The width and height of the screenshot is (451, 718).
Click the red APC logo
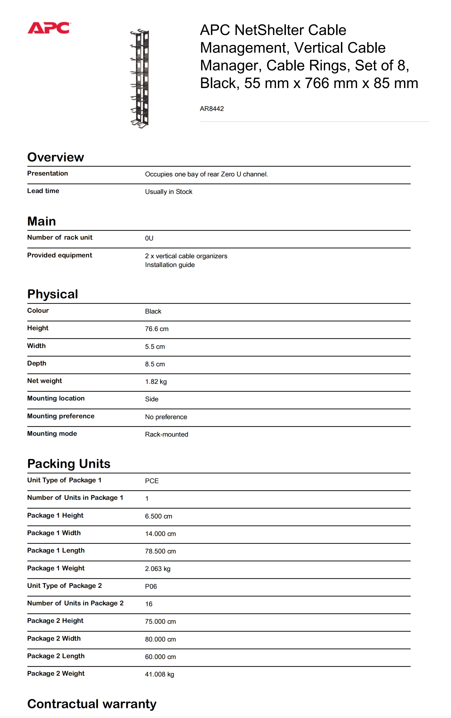tap(49, 28)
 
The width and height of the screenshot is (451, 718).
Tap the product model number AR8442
tap(212, 109)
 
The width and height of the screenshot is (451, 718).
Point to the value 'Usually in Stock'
tap(168, 192)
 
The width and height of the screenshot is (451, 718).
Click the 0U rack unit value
tap(149, 238)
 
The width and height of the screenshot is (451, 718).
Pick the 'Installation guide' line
tap(170, 265)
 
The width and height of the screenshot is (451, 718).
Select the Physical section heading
tap(53, 294)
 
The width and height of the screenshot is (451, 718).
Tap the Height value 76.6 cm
tap(156, 329)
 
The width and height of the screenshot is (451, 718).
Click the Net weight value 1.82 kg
tap(156, 382)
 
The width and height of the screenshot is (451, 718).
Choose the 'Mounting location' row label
tap(56, 398)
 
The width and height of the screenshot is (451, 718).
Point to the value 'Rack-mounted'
tap(166, 434)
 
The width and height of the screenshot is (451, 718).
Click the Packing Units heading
tap(69, 464)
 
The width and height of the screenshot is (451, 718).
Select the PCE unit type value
tap(152, 481)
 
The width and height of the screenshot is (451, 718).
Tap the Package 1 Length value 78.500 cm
tap(160, 551)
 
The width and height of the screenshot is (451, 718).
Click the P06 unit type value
tap(151, 586)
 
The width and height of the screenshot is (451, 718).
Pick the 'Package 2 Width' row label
tap(54, 638)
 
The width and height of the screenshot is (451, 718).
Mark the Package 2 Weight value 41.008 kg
tap(159, 675)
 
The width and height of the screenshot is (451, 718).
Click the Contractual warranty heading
tap(92, 704)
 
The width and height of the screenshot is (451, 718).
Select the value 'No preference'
tap(166, 417)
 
